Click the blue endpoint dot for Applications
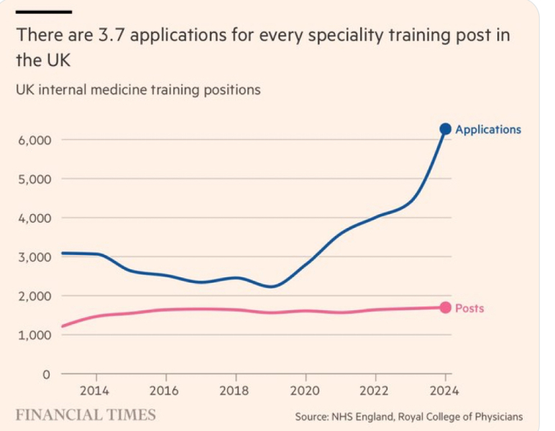click(445, 129)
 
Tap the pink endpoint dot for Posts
click(445, 307)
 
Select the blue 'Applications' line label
click(488, 130)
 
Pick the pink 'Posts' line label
click(469, 308)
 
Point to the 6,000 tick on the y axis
click(35, 140)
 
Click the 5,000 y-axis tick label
click(35, 179)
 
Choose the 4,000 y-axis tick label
click(35, 218)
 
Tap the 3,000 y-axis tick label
click(35, 257)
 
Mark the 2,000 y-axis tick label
click(35, 296)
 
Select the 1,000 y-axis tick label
click(35, 335)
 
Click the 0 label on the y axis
click(47, 374)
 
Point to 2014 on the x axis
click(95, 391)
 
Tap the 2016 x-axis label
click(165, 391)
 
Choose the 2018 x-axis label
click(235, 391)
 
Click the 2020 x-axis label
click(305, 391)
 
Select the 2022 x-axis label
click(375, 391)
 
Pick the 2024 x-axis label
click(445, 391)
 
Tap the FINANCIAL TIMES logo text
click(86, 415)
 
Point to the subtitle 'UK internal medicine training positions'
click(138, 90)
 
